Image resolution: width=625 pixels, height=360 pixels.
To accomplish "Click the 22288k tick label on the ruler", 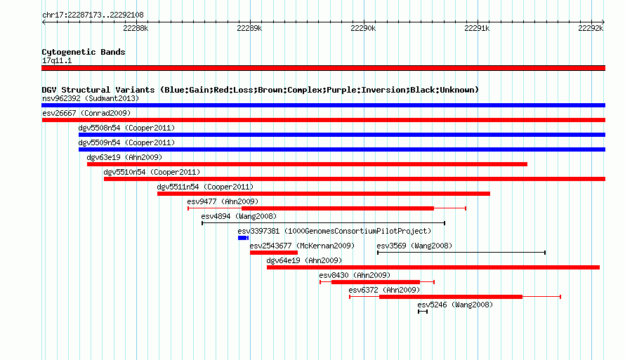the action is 136,28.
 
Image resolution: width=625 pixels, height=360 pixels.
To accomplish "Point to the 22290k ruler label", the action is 363,28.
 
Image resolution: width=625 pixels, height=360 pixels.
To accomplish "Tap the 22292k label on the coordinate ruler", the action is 591,28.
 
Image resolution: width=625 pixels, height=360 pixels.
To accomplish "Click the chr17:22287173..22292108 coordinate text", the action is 93,15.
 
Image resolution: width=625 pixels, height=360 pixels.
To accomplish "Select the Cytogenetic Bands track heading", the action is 84,52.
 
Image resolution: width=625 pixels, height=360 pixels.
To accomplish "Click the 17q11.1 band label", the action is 57,60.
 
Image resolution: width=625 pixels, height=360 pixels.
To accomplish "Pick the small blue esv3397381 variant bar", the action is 243,238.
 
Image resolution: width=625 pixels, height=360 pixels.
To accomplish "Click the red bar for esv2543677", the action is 274,253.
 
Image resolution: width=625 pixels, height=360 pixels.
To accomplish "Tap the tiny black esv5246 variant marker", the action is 423,312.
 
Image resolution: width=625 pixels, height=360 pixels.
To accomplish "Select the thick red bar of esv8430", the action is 376,282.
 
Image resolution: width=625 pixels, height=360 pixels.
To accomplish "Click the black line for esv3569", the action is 461,253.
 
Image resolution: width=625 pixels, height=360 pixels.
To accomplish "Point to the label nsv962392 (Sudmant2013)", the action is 91,98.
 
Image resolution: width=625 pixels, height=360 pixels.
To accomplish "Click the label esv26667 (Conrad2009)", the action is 86,113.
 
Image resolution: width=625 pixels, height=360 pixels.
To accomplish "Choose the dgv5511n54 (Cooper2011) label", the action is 205,187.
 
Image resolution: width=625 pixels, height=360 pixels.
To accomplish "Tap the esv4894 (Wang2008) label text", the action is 239,216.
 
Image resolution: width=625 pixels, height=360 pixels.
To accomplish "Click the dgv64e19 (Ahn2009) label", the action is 304,260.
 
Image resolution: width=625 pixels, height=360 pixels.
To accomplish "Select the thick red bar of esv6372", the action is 451,297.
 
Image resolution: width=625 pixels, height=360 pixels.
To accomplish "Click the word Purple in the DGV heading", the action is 338,90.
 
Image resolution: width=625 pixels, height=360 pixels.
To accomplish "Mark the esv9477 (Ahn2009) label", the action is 223,201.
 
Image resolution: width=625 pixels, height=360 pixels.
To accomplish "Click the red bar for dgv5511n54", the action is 324,194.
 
